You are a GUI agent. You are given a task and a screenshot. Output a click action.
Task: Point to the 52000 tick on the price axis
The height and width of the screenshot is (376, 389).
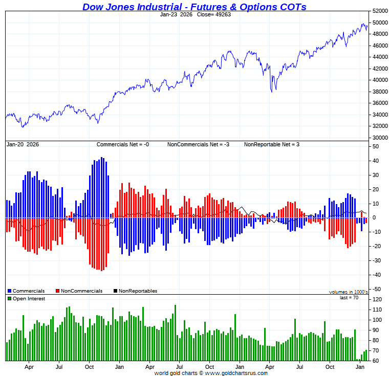[x=379, y=11]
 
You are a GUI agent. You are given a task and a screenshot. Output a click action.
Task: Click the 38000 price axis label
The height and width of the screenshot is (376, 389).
[x=379, y=92]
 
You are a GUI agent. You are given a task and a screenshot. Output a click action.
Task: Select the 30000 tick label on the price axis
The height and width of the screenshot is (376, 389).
[x=379, y=138]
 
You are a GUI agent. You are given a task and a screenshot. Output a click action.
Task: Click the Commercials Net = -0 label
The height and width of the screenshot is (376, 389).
[x=123, y=145]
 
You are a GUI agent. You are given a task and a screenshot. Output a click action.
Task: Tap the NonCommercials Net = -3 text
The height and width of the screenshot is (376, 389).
[x=198, y=145]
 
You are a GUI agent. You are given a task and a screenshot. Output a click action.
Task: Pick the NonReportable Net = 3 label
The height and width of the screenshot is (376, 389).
[x=271, y=145]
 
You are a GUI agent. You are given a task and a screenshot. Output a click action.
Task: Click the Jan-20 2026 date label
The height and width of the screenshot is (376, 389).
[x=23, y=145]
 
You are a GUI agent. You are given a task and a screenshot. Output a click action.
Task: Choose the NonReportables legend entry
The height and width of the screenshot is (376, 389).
[x=135, y=291]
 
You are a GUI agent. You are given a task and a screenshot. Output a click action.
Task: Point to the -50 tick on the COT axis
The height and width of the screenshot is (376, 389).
[x=375, y=289]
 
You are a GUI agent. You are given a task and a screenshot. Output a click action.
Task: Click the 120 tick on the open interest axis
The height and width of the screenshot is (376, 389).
[x=377, y=299]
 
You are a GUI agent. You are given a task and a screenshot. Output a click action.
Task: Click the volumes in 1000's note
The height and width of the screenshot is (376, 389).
[x=348, y=292]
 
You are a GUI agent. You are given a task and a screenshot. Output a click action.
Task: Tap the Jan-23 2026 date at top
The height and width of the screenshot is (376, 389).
[x=176, y=14]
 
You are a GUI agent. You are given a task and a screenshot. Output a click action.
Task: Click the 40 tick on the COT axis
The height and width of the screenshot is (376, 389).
[x=375, y=161]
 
